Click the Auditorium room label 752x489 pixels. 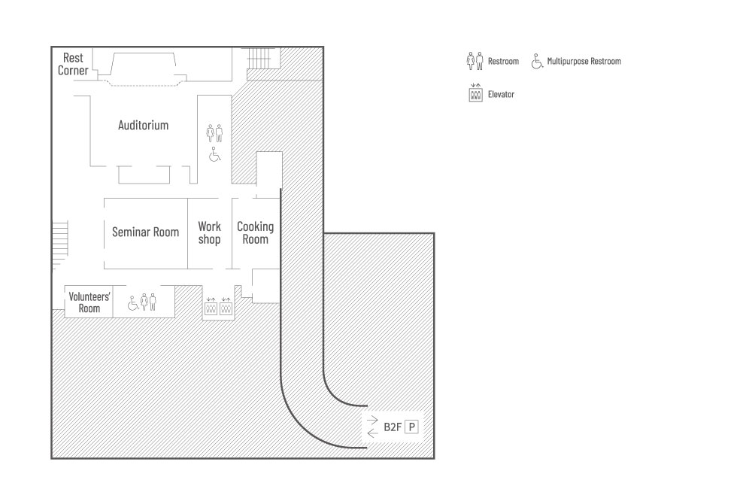143,126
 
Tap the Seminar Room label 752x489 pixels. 145,232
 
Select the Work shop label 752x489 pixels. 209,232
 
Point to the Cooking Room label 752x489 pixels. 255,232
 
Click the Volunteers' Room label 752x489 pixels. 89,302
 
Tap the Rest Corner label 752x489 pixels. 73,64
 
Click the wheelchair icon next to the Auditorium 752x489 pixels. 215,154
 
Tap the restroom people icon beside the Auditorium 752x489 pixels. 215,133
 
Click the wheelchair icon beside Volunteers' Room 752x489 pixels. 132,303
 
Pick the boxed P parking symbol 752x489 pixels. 411,427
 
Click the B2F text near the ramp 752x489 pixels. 393,427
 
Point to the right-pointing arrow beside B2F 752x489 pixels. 372,421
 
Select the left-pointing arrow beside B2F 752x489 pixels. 372,433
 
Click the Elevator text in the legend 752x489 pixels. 501,95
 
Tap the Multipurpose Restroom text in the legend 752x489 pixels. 584,62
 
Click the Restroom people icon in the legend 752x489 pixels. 475,60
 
